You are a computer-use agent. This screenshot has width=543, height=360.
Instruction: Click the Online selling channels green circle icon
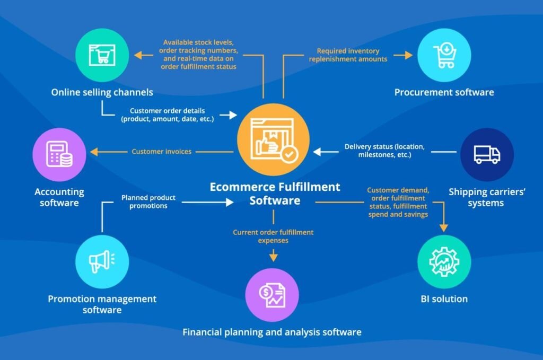(x=102, y=55)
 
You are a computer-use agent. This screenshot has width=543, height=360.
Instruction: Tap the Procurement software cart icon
(x=444, y=55)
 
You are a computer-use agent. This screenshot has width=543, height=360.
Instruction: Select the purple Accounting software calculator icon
(x=59, y=154)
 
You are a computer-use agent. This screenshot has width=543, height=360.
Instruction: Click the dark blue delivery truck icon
(x=487, y=154)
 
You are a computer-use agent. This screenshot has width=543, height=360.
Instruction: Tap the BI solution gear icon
(x=444, y=261)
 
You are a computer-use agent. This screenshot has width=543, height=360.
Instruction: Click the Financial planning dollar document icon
(x=272, y=295)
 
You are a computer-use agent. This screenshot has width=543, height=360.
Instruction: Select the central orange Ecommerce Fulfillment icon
(x=273, y=139)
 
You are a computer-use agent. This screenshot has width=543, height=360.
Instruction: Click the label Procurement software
(x=444, y=92)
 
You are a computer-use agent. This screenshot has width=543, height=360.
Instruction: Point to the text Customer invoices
(x=161, y=152)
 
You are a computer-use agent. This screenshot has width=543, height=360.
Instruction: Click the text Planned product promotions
(x=148, y=201)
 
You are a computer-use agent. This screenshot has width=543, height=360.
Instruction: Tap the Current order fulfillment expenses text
(x=273, y=236)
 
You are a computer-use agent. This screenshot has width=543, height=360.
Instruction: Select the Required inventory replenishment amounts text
(x=348, y=55)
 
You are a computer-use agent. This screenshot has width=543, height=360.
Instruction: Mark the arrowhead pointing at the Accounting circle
(x=94, y=152)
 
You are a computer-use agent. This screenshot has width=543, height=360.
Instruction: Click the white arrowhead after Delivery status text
(x=317, y=152)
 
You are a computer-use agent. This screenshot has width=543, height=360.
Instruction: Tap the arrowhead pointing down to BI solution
(x=444, y=228)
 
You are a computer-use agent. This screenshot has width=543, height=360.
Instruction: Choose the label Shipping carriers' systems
(x=487, y=197)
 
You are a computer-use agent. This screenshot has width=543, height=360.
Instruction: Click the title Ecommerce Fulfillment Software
(x=275, y=194)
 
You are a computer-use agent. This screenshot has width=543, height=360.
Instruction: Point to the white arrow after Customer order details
(x=229, y=115)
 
